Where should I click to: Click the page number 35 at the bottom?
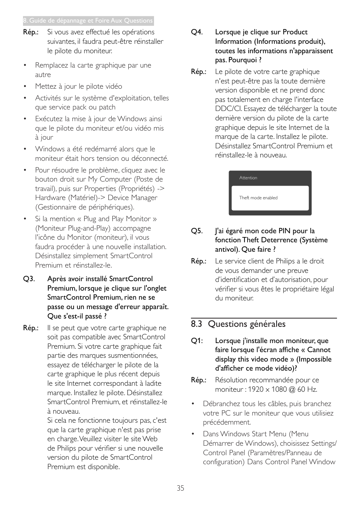point(180,488)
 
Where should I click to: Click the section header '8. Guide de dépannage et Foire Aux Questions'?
point(88,21)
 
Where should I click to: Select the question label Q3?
point(29,279)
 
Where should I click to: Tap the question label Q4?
point(197,32)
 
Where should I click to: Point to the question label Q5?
point(197,231)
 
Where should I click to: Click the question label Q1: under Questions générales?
point(197,341)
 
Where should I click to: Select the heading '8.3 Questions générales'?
point(238,324)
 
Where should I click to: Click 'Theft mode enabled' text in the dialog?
point(258,198)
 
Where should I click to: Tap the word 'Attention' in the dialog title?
point(248,178)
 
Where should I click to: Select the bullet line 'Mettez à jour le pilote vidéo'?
point(78,86)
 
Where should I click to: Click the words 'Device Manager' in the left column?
point(132,198)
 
